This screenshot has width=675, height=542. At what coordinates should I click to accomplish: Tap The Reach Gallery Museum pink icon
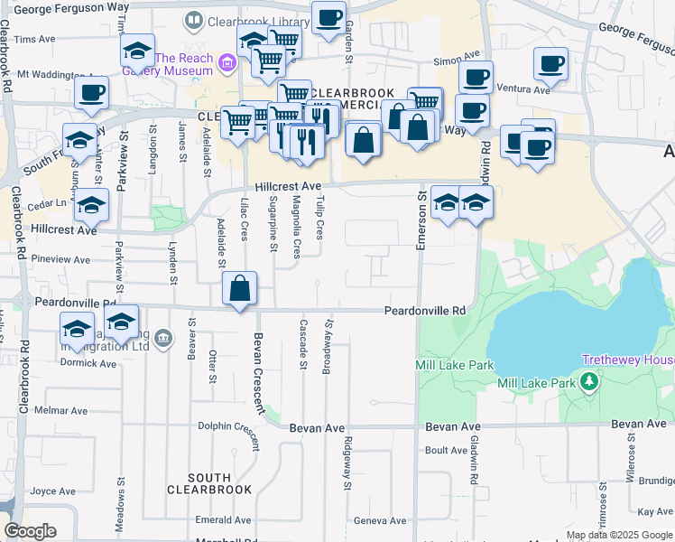[x=226, y=62]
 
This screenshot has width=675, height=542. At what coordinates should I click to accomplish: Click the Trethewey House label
[x=628, y=360]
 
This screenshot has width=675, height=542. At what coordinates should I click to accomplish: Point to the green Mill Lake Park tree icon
[x=590, y=382]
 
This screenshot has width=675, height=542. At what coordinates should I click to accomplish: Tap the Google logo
[x=30, y=530]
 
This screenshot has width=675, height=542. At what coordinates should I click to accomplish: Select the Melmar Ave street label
[x=60, y=411]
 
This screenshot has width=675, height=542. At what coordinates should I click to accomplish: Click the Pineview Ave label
[x=60, y=259]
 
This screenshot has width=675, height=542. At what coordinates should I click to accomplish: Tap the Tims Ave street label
[x=35, y=40]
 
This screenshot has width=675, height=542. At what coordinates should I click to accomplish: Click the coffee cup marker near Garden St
[x=328, y=17]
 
